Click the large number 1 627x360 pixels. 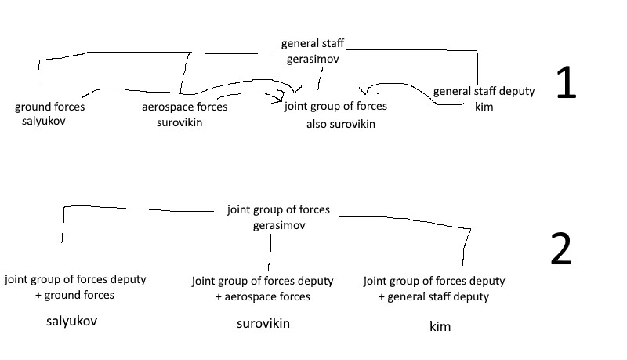click(x=565, y=83)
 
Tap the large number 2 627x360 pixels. click(x=561, y=250)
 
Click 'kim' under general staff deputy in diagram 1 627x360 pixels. click(x=484, y=106)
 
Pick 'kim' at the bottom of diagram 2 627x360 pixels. click(x=440, y=326)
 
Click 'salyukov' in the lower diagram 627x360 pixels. click(x=72, y=322)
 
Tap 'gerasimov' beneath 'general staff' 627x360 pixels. click(x=312, y=59)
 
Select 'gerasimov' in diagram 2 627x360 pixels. click(x=278, y=225)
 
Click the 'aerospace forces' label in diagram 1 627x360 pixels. click(x=184, y=107)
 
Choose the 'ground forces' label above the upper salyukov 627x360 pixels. click(x=49, y=107)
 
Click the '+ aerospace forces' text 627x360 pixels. click(x=263, y=296)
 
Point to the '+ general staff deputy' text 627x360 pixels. click(x=433, y=296)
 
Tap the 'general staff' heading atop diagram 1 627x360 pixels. click(x=312, y=44)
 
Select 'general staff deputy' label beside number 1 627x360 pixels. click(x=484, y=91)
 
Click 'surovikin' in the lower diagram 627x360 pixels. click(x=263, y=323)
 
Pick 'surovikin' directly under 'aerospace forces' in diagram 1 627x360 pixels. click(x=179, y=122)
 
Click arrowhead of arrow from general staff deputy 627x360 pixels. click(x=363, y=91)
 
